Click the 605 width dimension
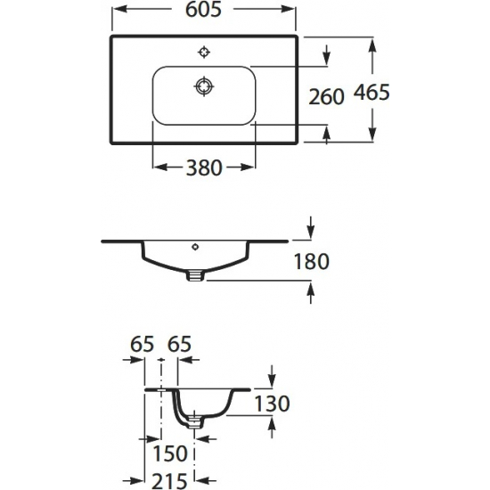203,10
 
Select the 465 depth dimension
372,93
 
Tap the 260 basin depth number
326,96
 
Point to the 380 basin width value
204,167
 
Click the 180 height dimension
312,261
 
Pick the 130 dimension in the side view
273,404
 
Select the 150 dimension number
170,453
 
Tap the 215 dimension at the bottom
169,481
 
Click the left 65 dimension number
143,344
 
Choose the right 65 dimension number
179,344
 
